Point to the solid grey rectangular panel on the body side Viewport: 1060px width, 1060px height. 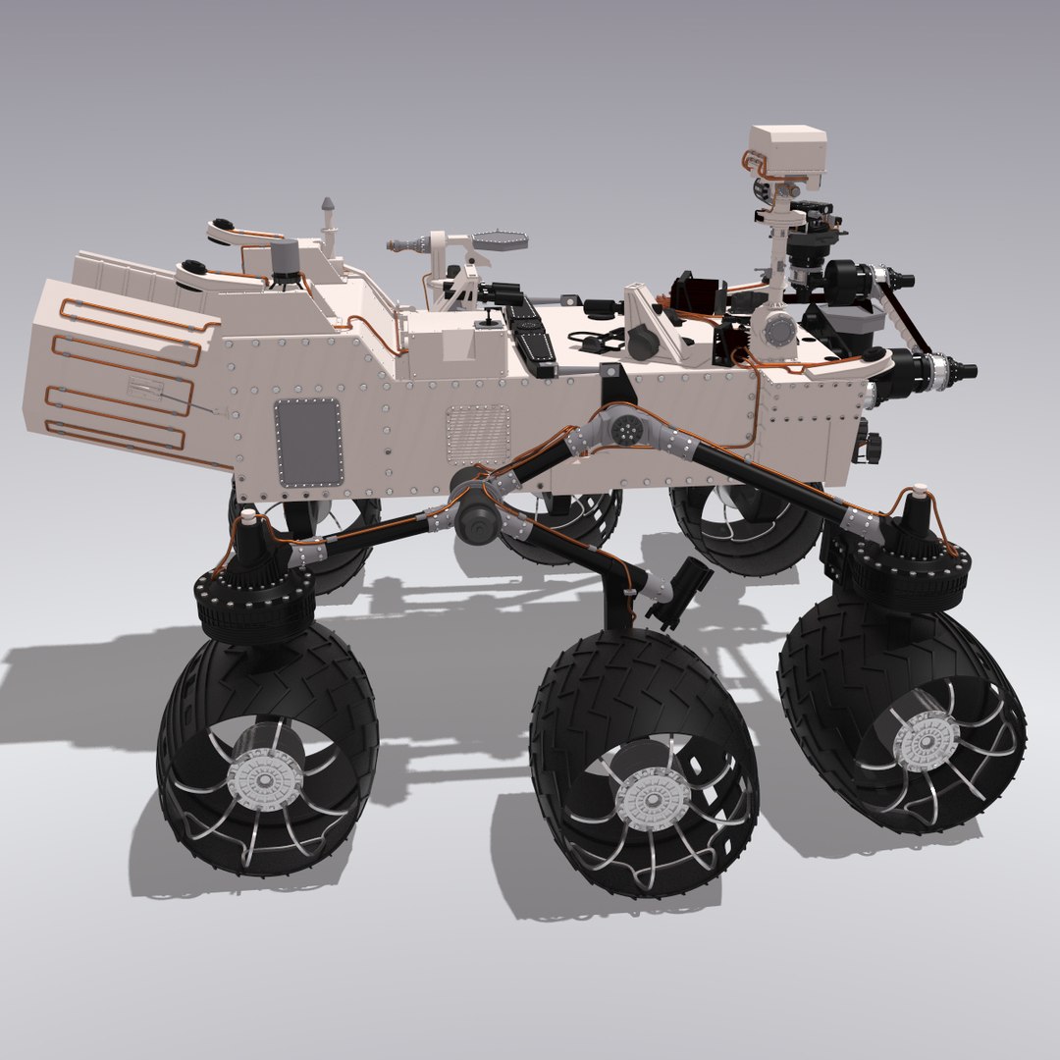(307, 442)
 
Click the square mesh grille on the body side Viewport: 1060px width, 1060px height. (478, 434)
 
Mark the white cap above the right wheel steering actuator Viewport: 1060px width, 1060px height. (920, 486)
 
